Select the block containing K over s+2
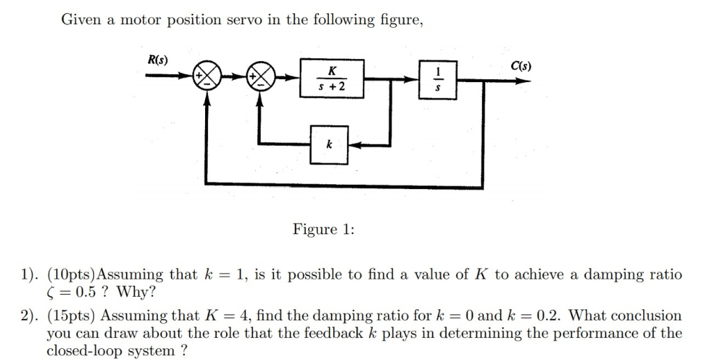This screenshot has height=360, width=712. tap(331, 79)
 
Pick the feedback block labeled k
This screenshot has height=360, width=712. tap(329, 145)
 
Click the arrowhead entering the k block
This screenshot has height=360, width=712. tap(353, 145)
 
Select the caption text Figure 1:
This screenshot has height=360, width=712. tap(323, 229)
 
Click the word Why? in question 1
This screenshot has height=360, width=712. tap(136, 291)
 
